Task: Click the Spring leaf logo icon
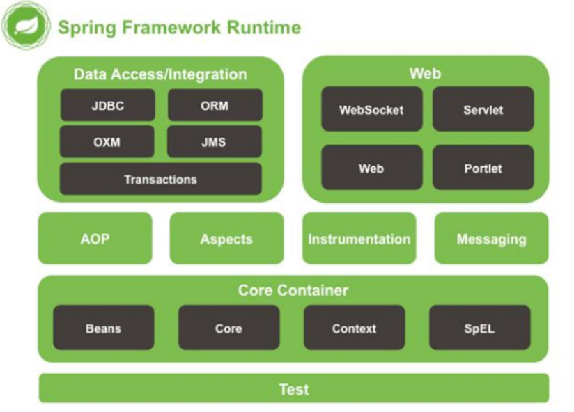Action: [26, 26]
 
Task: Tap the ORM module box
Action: [215, 106]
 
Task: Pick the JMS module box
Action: [215, 142]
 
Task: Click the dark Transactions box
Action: [160, 179]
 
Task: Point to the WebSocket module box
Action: [371, 109]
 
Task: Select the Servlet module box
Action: [483, 109]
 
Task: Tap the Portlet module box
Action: [483, 168]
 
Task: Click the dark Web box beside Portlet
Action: [371, 168]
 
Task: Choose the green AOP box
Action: [95, 239]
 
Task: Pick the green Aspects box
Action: [226, 239]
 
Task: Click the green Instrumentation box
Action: [359, 239]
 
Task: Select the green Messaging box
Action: [491, 239]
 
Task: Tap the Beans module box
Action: [104, 328]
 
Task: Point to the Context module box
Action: [354, 328]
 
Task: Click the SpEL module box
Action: [479, 328]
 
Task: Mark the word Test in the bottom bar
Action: [293, 389]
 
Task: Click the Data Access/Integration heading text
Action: [160, 74]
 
